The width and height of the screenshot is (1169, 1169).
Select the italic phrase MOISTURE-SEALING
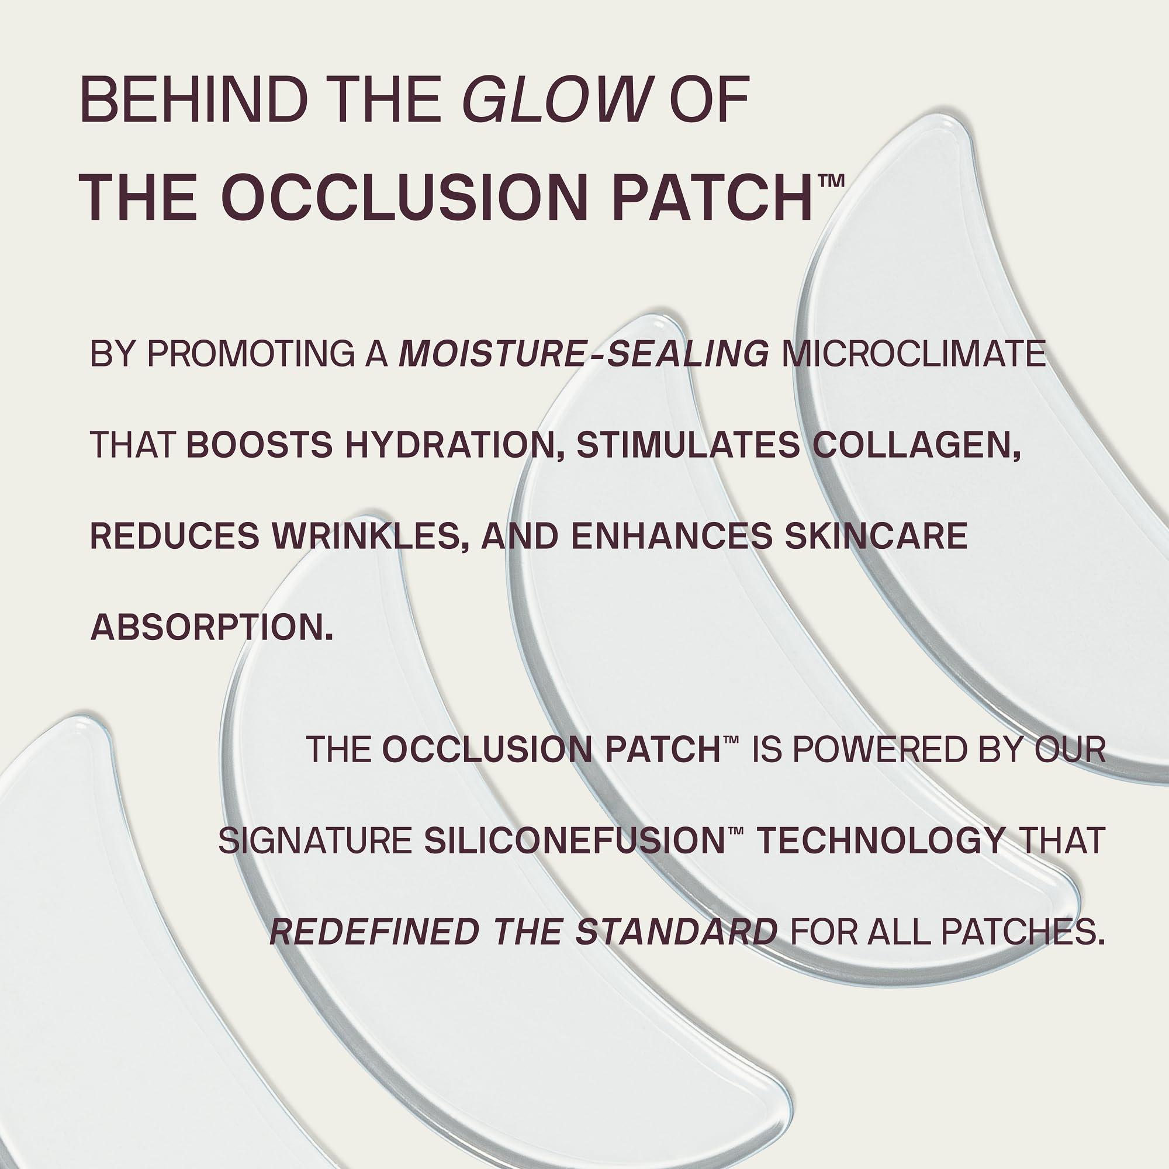[584, 354]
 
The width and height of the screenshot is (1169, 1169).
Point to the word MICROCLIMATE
[914, 354]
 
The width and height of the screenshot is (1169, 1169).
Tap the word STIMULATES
[687, 445]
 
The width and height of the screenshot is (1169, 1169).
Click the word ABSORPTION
[212, 627]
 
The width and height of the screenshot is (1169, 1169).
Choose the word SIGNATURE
[314, 841]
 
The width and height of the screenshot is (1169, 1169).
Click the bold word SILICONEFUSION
[574, 841]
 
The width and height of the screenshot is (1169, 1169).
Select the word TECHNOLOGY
[881, 841]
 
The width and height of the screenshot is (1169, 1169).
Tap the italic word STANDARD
[676, 932]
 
